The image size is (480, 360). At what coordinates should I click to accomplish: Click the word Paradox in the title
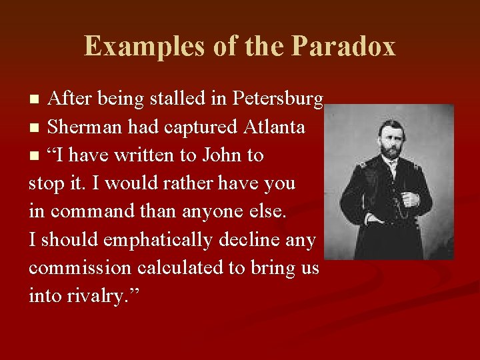(343, 47)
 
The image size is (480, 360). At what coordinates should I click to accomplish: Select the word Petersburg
(278, 99)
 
